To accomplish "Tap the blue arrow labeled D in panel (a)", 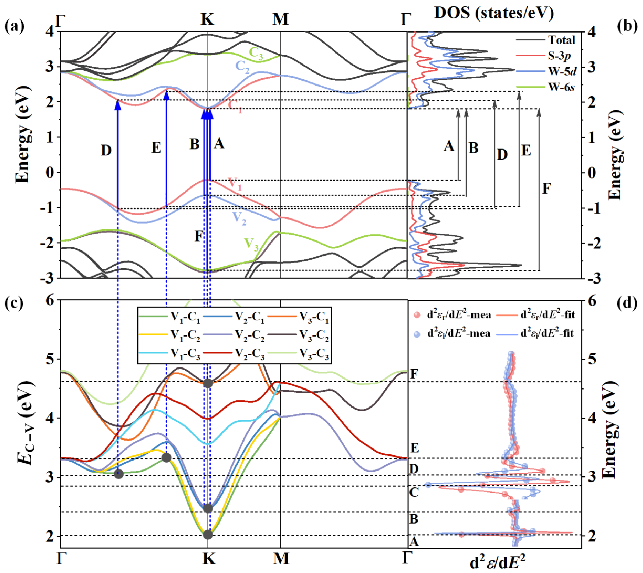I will click(118, 157).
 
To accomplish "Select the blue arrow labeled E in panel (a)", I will click(167, 151).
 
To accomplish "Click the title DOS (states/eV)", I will click(494, 13).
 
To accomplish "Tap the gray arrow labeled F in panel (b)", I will click(539, 189).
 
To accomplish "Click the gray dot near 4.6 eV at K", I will click(207, 383).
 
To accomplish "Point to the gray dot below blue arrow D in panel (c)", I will click(118, 474).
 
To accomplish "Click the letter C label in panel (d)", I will click(414, 492).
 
